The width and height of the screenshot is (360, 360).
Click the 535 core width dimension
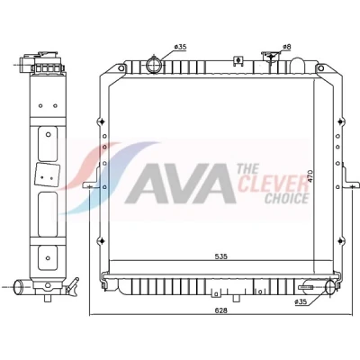[221, 256]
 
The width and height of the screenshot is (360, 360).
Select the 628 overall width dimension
[221, 310]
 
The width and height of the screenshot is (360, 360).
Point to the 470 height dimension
[310, 176]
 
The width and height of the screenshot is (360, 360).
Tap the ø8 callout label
[287, 47]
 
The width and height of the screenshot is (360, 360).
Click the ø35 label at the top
[180, 47]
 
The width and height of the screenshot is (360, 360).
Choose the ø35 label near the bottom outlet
[301, 302]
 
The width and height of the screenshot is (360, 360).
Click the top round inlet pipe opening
[154, 65]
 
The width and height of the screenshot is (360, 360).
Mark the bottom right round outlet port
[330, 286]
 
